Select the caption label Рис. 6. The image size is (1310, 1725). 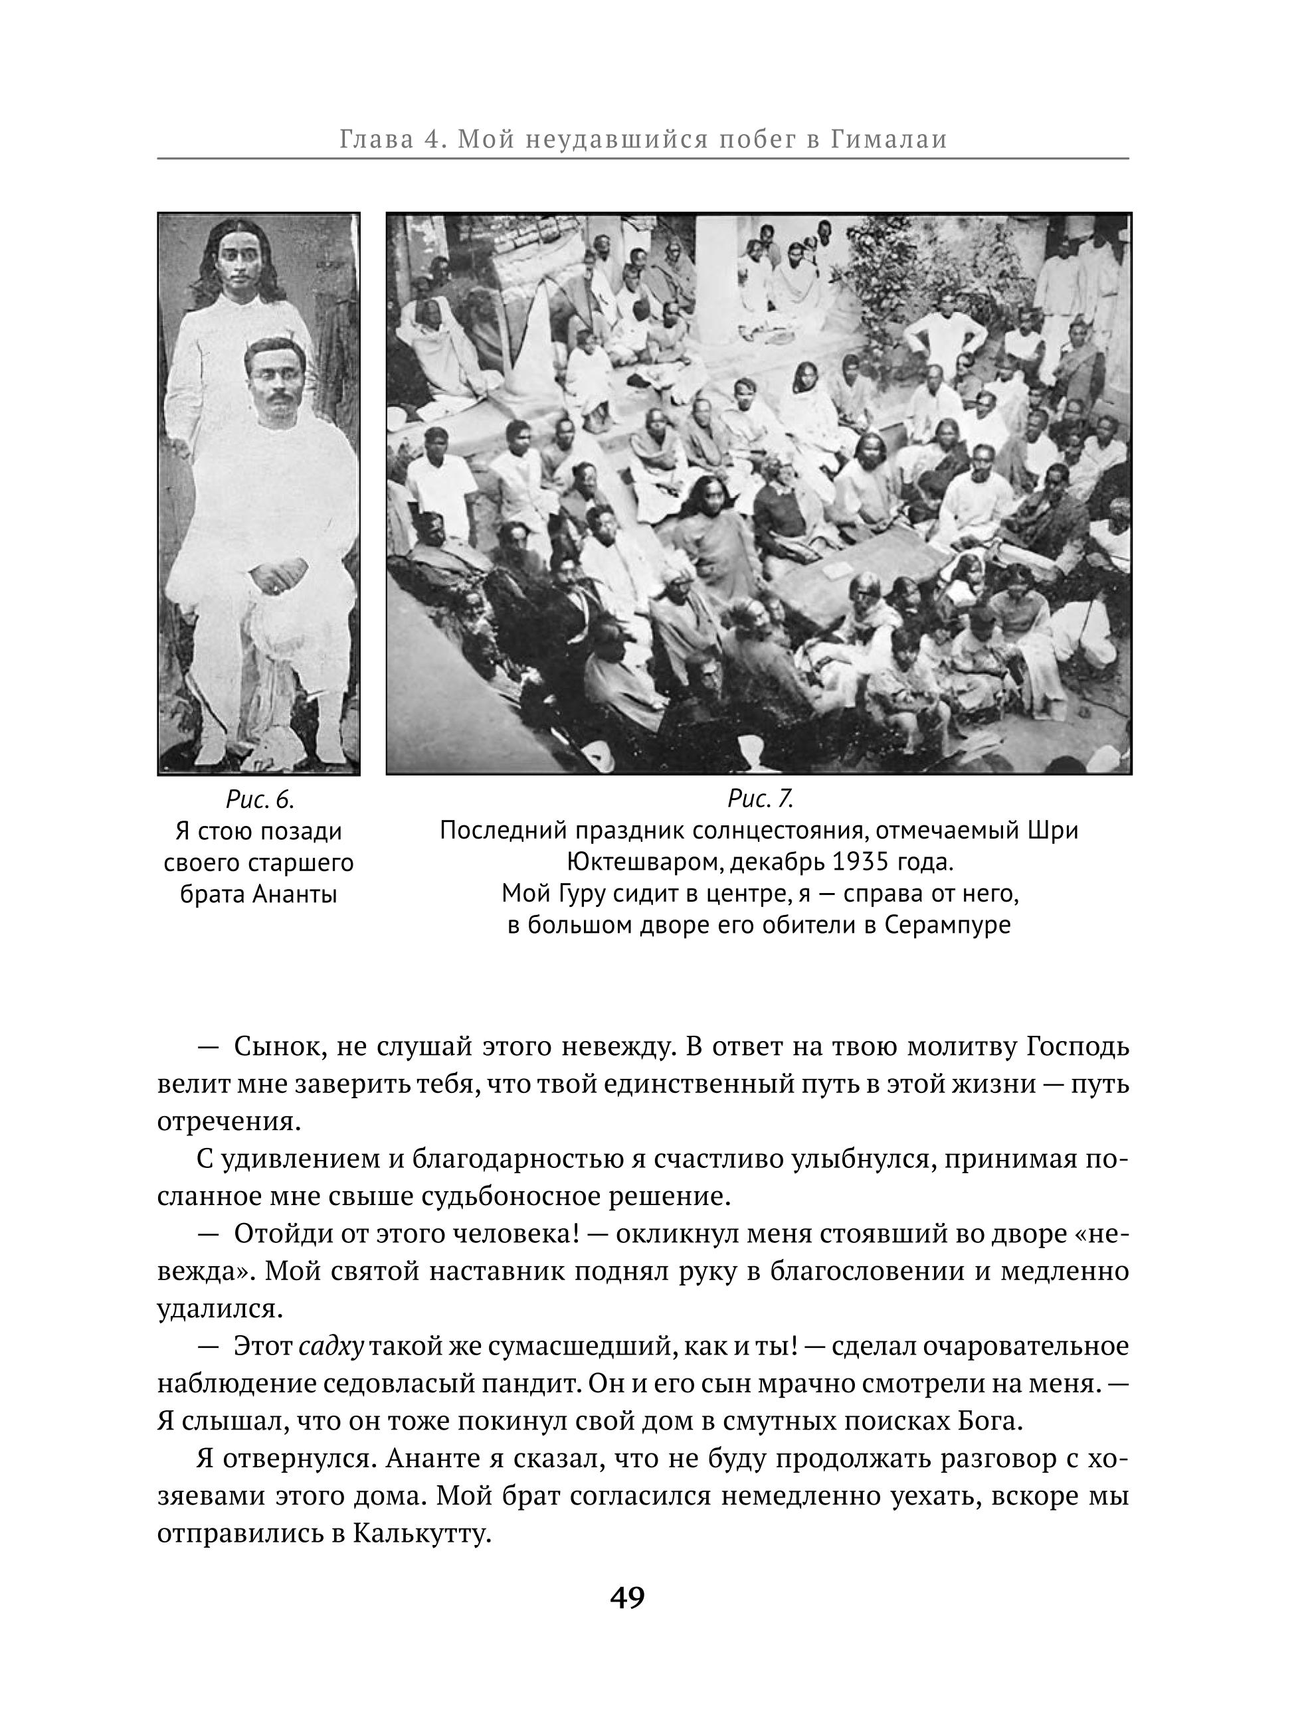(x=259, y=800)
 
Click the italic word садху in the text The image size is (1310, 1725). (x=331, y=1347)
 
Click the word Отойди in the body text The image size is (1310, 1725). (x=280, y=1234)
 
